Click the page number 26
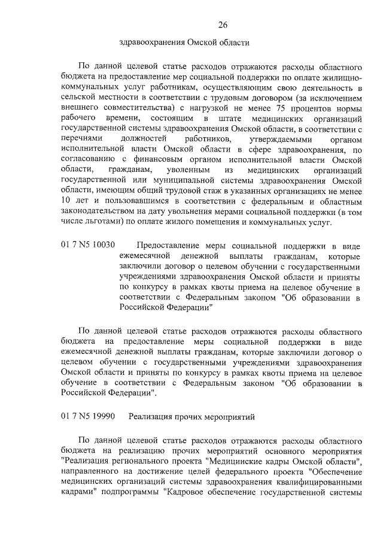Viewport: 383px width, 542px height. coord(223,25)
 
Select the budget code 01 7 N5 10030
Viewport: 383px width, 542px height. coord(88,245)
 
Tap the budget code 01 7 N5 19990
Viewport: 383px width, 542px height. coord(88,415)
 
